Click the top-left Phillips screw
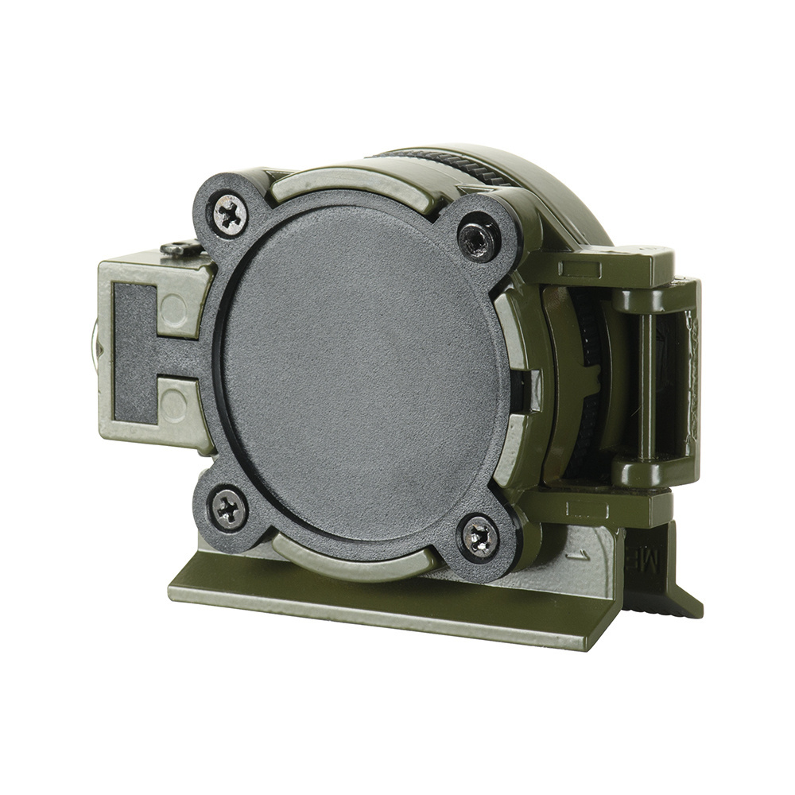coord(228,213)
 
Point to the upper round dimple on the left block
coord(175,309)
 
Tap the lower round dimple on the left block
coord(174,405)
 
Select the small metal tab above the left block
coord(180,248)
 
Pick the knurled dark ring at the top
coord(445,164)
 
